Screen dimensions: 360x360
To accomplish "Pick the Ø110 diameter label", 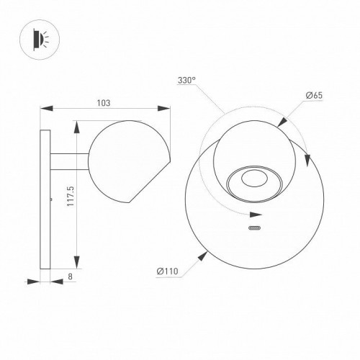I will pyautogui.click(x=167, y=271).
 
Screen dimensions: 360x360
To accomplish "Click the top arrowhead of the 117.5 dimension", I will pyautogui.click(x=76, y=125).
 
